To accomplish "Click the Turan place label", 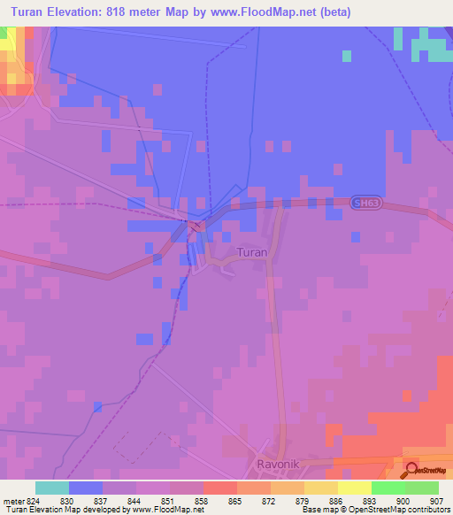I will click(x=252, y=252).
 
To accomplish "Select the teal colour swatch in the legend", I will click(x=52, y=488).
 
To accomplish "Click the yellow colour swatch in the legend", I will click(x=354, y=488).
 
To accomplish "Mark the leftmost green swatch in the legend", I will click(x=388, y=488).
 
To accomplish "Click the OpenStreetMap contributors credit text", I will click(x=389, y=510).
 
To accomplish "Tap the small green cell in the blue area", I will click(x=346, y=56).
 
